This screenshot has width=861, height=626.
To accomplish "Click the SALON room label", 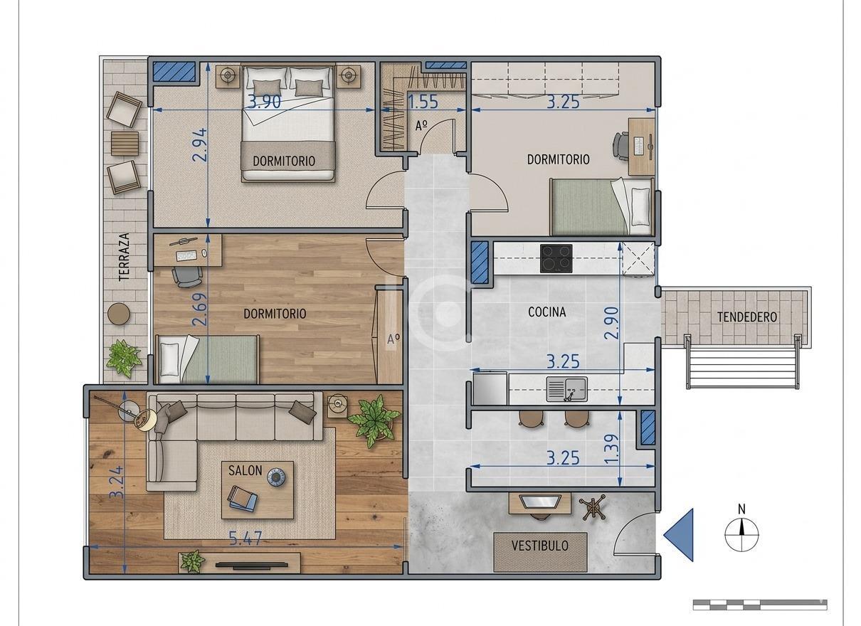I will point(245,470).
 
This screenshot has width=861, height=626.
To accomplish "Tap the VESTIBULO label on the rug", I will point(540,546).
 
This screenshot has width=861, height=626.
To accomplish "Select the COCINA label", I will point(547,312).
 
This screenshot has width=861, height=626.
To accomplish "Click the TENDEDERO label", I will point(746,317).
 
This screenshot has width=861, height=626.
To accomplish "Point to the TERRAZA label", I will point(125,257).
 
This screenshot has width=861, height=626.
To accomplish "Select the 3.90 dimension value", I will point(264,102).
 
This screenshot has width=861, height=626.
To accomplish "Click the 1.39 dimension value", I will point(612,450).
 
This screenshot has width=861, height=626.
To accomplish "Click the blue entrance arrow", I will point(680,535).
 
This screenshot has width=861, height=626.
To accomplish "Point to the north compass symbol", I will point(741,532).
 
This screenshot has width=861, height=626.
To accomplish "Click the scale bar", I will point(759,605).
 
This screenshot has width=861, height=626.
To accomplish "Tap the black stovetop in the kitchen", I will point(556,259).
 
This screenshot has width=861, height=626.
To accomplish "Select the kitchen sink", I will point(566,388).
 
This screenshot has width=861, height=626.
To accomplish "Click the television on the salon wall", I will point(252,565).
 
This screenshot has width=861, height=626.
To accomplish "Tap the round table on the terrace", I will point(119,314).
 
